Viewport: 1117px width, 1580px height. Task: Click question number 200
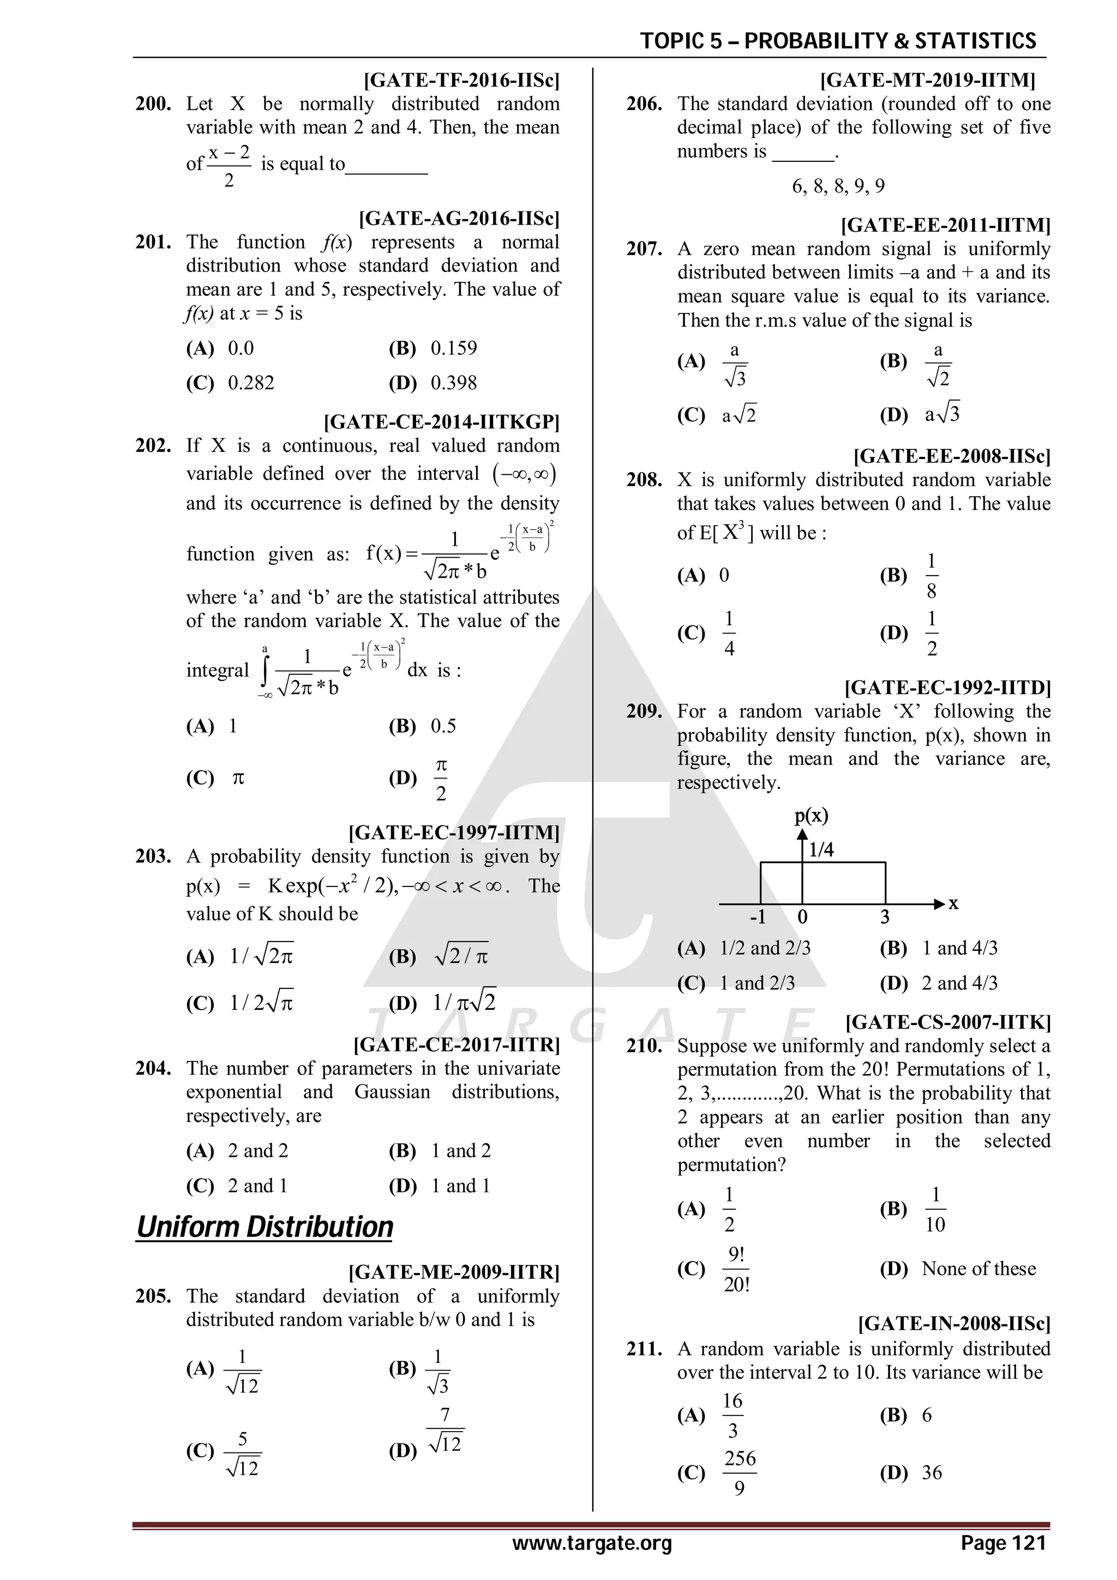pyautogui.click(x=153, y=104)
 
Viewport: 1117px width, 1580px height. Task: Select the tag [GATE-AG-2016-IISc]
pyautogui.click(x=459, y=219)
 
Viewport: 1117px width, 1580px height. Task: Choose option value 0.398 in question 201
pyautogui.click(x=454, y=383)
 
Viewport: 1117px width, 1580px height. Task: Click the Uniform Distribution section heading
pyautogui.click(x=265, y=1227)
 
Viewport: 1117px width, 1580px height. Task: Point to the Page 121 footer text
pyautogui.click(x=1004, y=1543)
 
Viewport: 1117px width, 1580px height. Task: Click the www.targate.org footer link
pyautogui.click(x=591, y=1543)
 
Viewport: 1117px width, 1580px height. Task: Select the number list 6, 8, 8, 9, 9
pyautogui.click(x=838, y=186)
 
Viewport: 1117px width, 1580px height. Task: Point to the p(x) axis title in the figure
pyautogui.click(x=812, y=816)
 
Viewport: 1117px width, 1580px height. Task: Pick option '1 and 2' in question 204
pyautogui.click(x=460, y=1150)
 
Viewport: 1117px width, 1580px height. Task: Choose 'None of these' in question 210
pyautogui.click(x=978, y=1268)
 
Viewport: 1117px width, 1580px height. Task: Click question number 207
pyautogui.click(x=644, y=249)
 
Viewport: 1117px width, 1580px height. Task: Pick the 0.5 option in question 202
pyautogui.click(x=443, y=726)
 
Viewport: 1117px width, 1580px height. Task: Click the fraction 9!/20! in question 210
pyautogui.click(x=736, y=1269)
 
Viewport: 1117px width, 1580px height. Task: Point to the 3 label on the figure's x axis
pyautogui.click(x=885, y=918)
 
